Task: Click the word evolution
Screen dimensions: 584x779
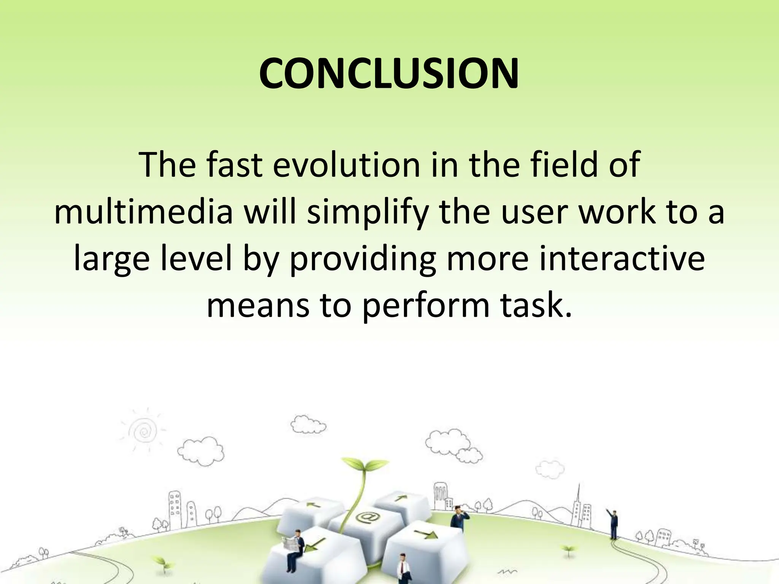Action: point(346,165)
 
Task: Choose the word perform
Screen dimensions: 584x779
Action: point(425,307)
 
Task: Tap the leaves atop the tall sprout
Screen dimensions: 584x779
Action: point(364,466)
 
